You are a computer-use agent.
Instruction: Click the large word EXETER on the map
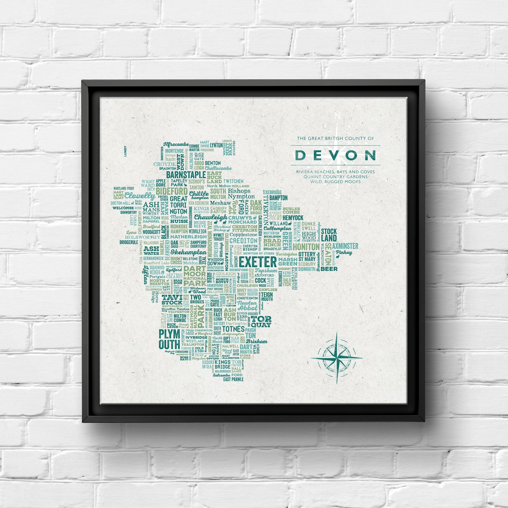click(x=258, y=262)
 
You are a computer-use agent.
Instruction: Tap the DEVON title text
click(x=335, y=155)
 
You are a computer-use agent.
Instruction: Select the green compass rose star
click(x=337, y=358)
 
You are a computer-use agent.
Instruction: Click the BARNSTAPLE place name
click(x=186, y=175)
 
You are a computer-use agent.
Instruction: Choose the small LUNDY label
click(x=125, y=150)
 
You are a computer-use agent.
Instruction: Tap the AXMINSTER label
click(x=345, y=246)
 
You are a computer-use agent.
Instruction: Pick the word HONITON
click(x=306, y=247)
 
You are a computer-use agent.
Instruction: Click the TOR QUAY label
click(x=261, y=321)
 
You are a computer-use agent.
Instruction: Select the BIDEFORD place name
click(x=172, y=191)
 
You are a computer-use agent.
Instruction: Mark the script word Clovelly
click(x=140, y=196)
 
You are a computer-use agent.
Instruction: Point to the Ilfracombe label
click(x=176, y=144)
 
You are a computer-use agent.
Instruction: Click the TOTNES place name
click(x=233, y=329)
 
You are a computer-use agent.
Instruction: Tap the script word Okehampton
click(x=188, y=252)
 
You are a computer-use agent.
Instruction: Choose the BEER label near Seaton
click(x=329, y=269)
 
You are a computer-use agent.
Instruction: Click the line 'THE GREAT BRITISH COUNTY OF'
click(x=335, y=139)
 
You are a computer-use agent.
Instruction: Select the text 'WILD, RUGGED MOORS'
click(x=335, y=182)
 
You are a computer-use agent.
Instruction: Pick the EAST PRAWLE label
click(x=233, y=379)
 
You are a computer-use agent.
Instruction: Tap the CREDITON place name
click(x=243, y=240)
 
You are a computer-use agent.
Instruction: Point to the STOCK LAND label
click(x=329, y=234)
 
